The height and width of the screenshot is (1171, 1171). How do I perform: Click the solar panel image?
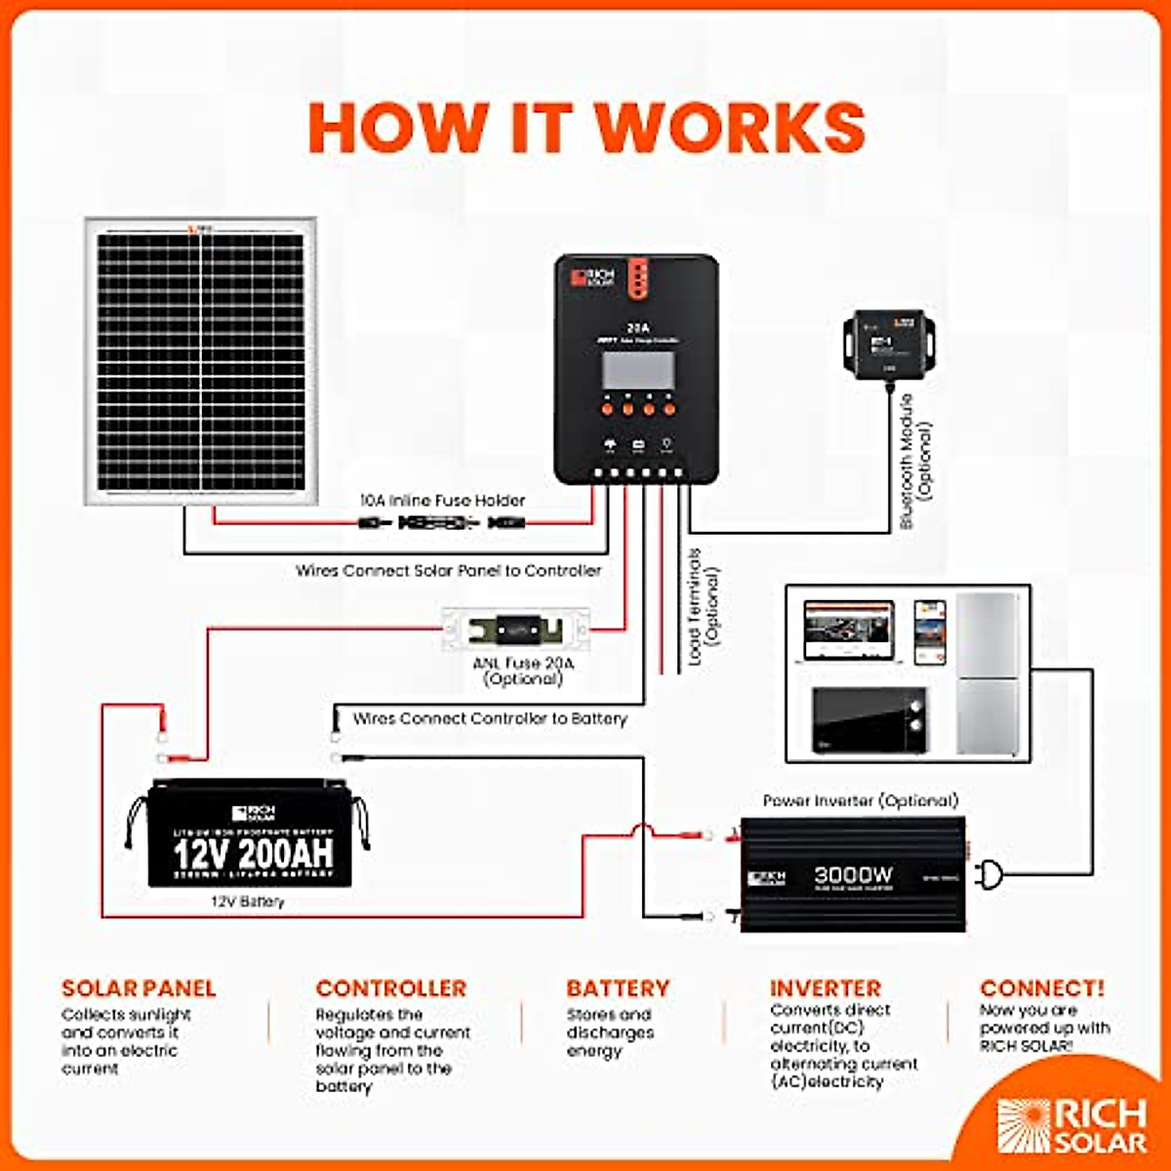[200, 360]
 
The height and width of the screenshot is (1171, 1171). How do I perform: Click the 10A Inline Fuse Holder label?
[442, 501]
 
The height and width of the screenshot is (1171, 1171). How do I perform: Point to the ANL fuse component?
[515, 629]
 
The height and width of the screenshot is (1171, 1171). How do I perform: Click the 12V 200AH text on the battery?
[253, 854]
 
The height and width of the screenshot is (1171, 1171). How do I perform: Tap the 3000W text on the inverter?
[853, 875]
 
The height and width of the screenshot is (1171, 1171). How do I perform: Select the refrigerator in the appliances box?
[988, 673]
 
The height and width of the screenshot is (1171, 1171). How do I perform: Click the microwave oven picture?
[869, 721]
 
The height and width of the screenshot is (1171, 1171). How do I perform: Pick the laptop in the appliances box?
[847, 632]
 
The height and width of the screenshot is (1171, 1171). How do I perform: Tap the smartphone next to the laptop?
[929, 632]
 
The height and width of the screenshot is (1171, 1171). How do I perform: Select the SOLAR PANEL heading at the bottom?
[139, 989]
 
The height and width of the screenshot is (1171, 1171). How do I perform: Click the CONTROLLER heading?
[391, 989]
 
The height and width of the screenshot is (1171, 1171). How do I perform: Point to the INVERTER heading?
[826, 989]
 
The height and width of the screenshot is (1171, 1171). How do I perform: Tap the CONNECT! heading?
[1042, 989]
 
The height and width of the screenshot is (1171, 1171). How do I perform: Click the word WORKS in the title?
[729, 128]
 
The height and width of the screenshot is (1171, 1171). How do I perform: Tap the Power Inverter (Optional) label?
[861, 800]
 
